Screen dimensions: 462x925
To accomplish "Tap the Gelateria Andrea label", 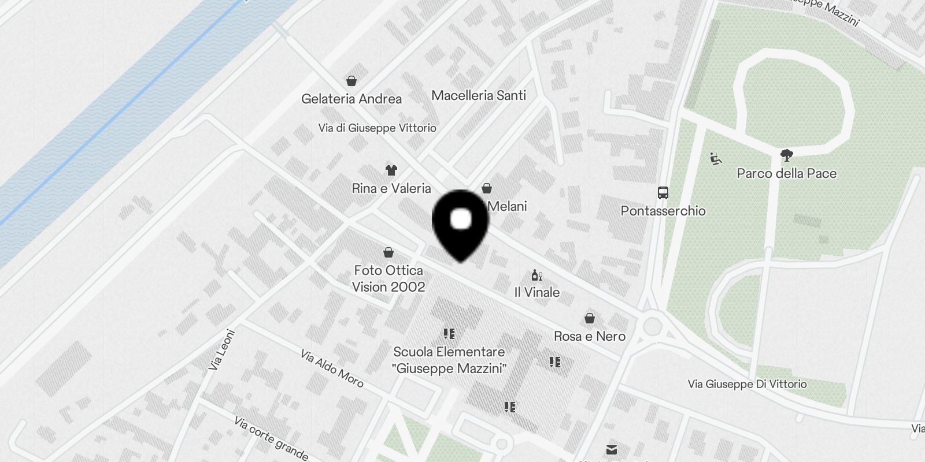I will coord(351,99).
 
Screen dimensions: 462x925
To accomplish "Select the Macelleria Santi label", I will coord(479,95).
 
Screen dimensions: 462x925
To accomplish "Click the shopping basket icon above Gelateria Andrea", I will coord(351,80).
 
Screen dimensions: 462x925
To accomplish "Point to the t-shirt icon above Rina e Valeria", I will coord(391,170).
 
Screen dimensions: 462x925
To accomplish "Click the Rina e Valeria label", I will coord(391,188).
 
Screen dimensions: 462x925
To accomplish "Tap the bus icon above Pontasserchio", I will coord(663,193).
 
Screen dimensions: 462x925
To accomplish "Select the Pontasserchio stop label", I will coord(663,211).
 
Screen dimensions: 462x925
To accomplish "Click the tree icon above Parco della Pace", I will coord(786,155).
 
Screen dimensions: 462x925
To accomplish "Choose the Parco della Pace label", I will coord(786,173).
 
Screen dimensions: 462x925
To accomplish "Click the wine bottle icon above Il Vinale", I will coord(537,275).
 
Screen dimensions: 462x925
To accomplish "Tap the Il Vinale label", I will coord(537,292).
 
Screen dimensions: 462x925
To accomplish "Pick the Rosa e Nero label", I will coord(590,336).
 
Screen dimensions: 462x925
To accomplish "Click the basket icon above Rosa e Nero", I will coord(590,318).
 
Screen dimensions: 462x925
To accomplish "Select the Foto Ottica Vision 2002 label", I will coord(388,278).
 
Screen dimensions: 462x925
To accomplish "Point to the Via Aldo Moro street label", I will coord(332,368).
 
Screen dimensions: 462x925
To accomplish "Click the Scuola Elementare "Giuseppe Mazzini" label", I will coord(449,360).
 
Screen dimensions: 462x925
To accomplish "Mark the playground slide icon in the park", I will coord(716,158).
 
